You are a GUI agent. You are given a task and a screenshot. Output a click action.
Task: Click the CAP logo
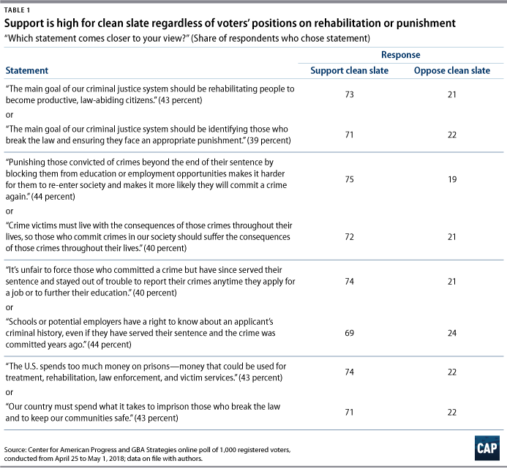click(x=487, y=448)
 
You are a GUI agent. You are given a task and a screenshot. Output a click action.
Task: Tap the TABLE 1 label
click(x=17, y=10)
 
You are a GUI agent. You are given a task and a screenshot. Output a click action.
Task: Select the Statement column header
click(x=27, y=70)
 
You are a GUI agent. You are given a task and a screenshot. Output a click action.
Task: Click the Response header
click(x=401, y=55)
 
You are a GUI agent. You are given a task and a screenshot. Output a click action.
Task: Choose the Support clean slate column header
click(x=349, y=70)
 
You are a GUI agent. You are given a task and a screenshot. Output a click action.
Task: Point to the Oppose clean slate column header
click(x=452, y=70)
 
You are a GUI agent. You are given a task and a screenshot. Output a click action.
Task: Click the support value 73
click(x=349, y=94)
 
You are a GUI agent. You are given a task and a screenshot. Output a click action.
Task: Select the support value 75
click(x=349, y=179)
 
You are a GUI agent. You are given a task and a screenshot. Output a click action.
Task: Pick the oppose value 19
click(x=452, y=179)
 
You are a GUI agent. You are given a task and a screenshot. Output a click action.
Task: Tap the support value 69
click(x=349, y=333)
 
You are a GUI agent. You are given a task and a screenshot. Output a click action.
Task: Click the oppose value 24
click(x=452, y=333)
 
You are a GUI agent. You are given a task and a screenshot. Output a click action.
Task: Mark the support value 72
click(x=349, y=237)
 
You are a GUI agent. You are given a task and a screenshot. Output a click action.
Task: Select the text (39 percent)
click(x=269, y=140)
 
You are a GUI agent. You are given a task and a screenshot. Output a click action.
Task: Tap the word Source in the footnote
click(x=15, y=449)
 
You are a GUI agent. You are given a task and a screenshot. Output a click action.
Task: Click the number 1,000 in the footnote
click(x=228, y=449)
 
